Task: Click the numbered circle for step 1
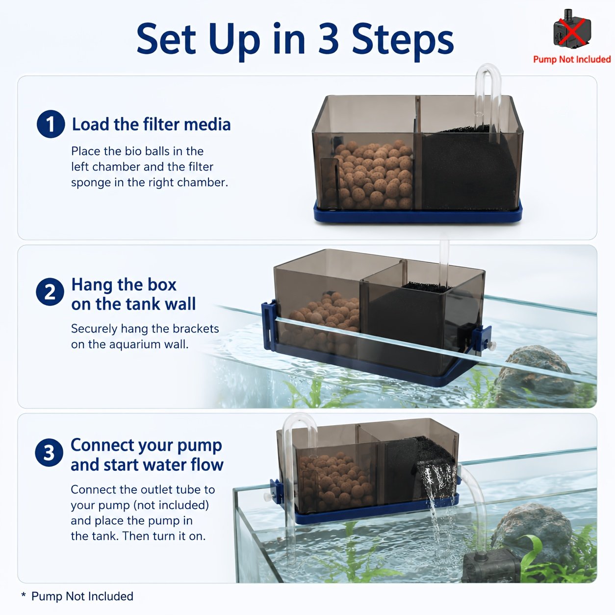[x=51, y=124]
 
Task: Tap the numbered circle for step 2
[x=50, y=292]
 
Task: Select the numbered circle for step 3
[x=49, y=452]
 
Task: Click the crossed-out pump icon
[x=572, y=28]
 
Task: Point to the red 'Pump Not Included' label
[x=572, y=59]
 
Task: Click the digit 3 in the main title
[x=329, y=39]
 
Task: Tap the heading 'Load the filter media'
[x=151, y=124]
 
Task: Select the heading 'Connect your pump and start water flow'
[x=147, y=455]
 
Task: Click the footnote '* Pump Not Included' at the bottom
[x=77, y=596]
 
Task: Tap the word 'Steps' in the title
[x=403, y=41]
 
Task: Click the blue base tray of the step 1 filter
[x=418, y=213]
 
